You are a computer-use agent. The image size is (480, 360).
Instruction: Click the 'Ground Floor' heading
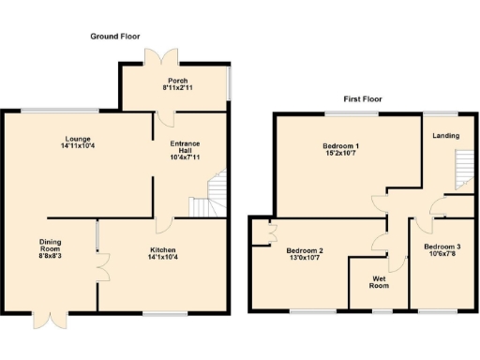tap(114, 36)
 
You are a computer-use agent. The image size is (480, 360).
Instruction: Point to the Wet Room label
tap(380, 281)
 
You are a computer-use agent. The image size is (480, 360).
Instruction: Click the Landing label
tap(445, 136)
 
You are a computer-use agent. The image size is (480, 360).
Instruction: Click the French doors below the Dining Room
tap(46, 319)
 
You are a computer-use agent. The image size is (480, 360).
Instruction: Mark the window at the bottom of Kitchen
tap(163, 310)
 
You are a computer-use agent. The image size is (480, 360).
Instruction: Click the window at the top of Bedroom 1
tap(352, 113)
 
